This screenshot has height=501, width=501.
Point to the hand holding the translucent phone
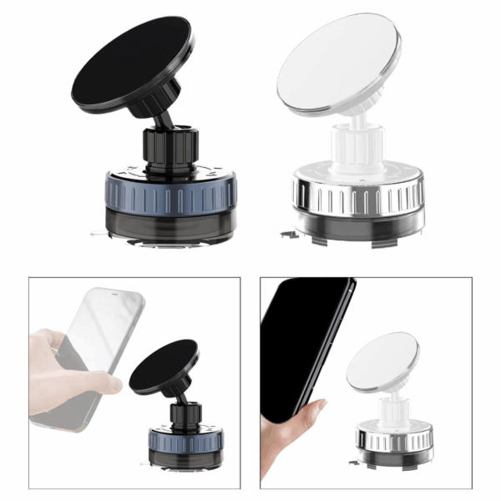pos(63,367)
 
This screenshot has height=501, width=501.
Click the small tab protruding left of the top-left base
pos(101,233)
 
